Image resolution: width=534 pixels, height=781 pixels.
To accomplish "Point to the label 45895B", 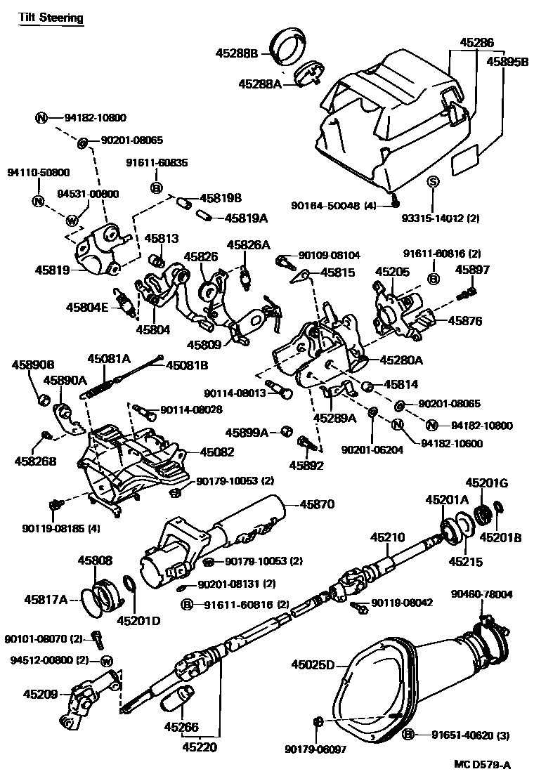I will pyautogui.click(x=507, y=62).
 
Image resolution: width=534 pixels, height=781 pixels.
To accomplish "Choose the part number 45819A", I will pyautogui.click(x=247, y=218).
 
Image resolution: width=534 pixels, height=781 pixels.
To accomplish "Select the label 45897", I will pyautogui.click(x=472, y=269).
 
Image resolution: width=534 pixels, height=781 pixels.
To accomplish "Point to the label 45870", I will pyautogui.click(x=318, y=504).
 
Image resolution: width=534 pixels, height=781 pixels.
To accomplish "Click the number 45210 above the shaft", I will pyautogui.click(x=388, y=537).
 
